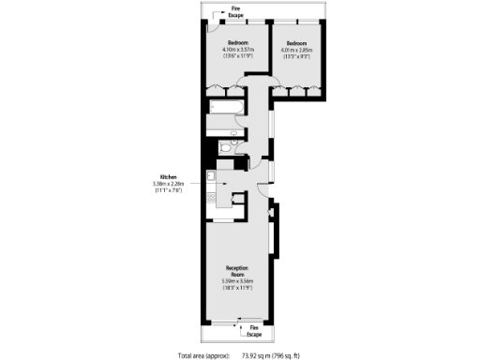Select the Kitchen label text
[169, 177]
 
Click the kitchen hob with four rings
[212, 199]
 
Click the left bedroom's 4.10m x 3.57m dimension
[233, 49]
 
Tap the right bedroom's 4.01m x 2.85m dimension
[297, 49]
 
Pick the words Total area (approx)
[199, 355]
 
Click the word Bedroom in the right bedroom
[297, 42]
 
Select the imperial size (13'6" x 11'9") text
[233, 56]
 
